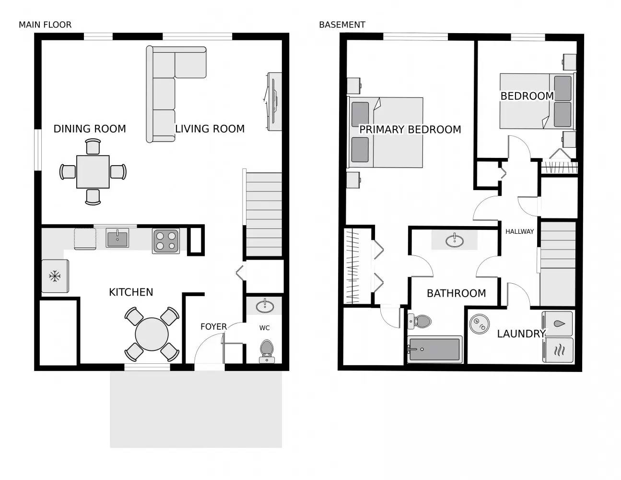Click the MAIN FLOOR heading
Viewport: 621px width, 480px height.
[45, 25]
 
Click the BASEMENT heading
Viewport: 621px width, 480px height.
[342, 25]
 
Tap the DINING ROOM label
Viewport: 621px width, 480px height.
[90, 129]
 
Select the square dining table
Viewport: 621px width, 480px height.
[93, 172]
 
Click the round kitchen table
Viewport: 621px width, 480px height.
[152, 335]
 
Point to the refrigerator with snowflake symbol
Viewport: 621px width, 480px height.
[55, 276]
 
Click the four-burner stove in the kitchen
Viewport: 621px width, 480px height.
[166, 241]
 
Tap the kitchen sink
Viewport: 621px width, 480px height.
[117, 238]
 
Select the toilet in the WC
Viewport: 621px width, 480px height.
[267, 350]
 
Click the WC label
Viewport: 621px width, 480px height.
[264, 328]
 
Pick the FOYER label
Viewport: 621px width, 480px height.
[213, 326]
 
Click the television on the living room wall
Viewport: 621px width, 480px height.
[274, 101]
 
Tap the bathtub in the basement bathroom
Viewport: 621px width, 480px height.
[434, 349]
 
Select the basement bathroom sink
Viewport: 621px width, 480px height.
[454, 240]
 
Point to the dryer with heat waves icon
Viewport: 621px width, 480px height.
[558, 350]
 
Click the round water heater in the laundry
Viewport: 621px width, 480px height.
[478, 324]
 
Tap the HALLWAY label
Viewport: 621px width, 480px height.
[519, 231]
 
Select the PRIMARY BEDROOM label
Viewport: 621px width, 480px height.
[410, 130]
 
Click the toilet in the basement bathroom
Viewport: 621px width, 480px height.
[420, 321]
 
